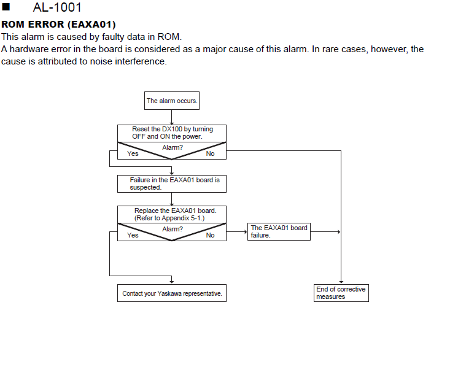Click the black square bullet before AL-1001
(6, 7)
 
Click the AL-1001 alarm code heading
(57, 7)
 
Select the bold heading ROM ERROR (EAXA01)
(58, 24)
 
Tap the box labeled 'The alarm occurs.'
(172, 101)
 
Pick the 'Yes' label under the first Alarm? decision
(133, 153)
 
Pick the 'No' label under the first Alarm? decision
(211, 153)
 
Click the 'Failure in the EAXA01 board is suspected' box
(172, 184)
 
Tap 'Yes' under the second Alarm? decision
(133, 235)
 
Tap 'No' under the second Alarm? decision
(211, 235)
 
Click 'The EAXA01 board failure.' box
(279, 231)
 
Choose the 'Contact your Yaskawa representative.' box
(172, 293)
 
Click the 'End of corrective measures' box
(341, 293)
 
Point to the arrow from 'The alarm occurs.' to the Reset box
(172, 117)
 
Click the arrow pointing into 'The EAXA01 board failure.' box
(237, 231)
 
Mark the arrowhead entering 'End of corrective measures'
(341, 282)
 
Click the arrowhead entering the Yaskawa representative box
(172, 282)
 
